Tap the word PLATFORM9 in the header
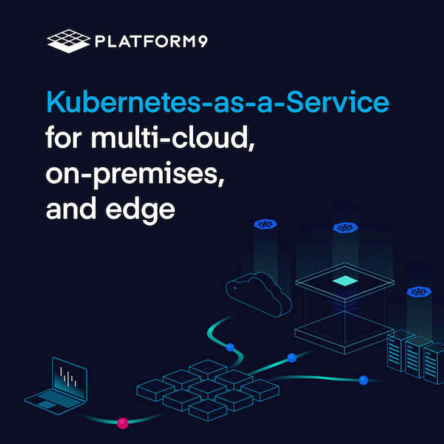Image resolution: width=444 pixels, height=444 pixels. pos(150,41)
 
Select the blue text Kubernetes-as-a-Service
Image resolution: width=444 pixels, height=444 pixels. pos(218,103)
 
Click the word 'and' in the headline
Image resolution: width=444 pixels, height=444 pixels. pos(70,208)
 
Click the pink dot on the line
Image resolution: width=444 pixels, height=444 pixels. pos(123,423)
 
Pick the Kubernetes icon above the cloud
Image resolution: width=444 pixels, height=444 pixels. pos(264,225)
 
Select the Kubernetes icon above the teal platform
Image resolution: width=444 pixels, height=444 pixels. pos(343,228)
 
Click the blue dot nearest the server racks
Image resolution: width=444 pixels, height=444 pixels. pos(363,380)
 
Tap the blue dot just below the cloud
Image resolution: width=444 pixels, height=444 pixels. pos(230,346)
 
